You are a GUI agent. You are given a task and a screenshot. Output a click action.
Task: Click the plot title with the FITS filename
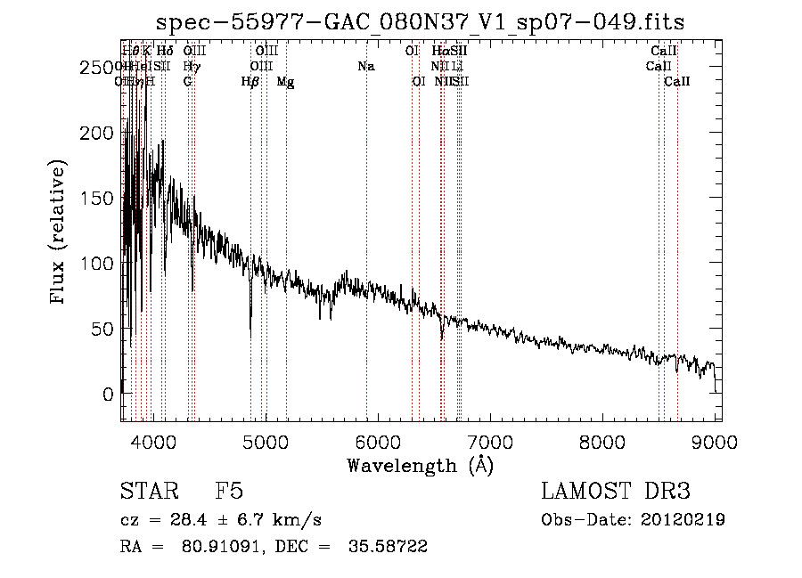(x=420, y=22)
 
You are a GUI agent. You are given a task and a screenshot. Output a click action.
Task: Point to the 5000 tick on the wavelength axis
(x=265, y=443)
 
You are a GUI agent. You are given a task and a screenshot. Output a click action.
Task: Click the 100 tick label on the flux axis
(x=97, y=264)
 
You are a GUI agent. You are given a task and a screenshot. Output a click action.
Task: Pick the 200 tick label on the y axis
(x=97, y=133)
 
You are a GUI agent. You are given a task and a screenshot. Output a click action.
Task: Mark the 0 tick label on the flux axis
(x=107, y=394)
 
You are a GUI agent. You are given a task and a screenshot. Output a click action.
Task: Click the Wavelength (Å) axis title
(x=420, y=465)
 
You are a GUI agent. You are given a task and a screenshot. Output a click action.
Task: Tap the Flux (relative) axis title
(x=60, y=233)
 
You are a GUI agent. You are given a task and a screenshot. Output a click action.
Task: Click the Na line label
(x=366, y=67)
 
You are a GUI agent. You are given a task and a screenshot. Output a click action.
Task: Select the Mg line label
(x=285, y=82)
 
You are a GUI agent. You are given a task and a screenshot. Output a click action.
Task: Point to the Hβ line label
(x=250, y=82)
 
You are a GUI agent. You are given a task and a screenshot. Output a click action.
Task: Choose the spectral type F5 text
(x=229, y=492)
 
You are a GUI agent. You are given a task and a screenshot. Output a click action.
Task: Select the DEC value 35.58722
(x=387, y=547)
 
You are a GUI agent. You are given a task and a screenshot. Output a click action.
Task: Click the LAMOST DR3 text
(x=615, y=492)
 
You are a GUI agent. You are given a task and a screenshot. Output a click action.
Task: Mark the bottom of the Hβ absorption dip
(x=250, y=337)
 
